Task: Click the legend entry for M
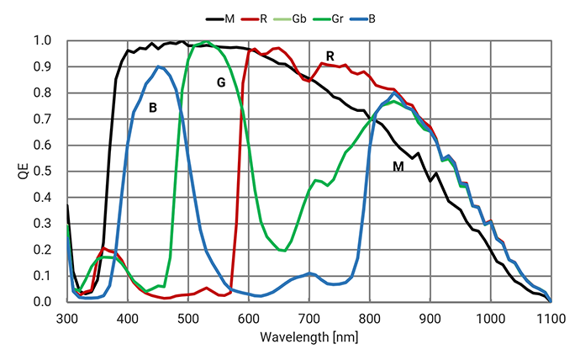coord(220,19)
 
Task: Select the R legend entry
coord(254,19)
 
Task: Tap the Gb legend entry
coord(290,19)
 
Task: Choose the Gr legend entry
coord(328,19)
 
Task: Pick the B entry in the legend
coord(362,19)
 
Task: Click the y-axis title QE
coord(23,172)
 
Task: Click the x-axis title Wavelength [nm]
coord(308,337)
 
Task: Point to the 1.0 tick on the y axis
coord(43,40)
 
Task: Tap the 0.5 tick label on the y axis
coord(43,172)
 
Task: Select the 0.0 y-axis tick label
coord(43,301)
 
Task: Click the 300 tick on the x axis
coord(67,319)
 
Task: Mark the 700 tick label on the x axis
coord(309,319)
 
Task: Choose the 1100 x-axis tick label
coord(551,319)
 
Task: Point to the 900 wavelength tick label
coord(430,319)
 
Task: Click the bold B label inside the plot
coord(153,108)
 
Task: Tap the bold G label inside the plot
coord(221,82)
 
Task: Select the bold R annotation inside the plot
coord(330,56)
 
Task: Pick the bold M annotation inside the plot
coord(398,167)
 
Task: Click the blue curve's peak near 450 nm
coord(158,67)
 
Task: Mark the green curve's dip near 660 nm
coord(284,251)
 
